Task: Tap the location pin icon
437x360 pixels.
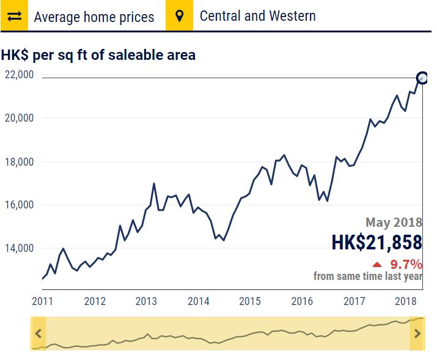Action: tap(179, 15)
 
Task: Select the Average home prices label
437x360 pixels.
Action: tap(94, 17)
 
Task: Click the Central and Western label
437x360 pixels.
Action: tap(257, 16)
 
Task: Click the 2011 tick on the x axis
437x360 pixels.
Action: tap(42, 301)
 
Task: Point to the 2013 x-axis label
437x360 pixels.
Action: tap(146, 301)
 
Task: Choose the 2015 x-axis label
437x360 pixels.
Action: tap(250, 301)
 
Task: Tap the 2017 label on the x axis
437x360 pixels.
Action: tap(354, 301)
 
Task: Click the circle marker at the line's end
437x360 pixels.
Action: tap(422, 78)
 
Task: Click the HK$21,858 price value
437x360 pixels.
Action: tap(376, 243)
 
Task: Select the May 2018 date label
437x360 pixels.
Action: tap(394, 222)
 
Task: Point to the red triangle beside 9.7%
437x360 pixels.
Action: tap(377, 265)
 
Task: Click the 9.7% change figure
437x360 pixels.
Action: tap(406, 265)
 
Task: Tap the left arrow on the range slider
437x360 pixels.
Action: tap(39, 334)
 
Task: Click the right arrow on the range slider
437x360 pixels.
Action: tap(417, 334)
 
